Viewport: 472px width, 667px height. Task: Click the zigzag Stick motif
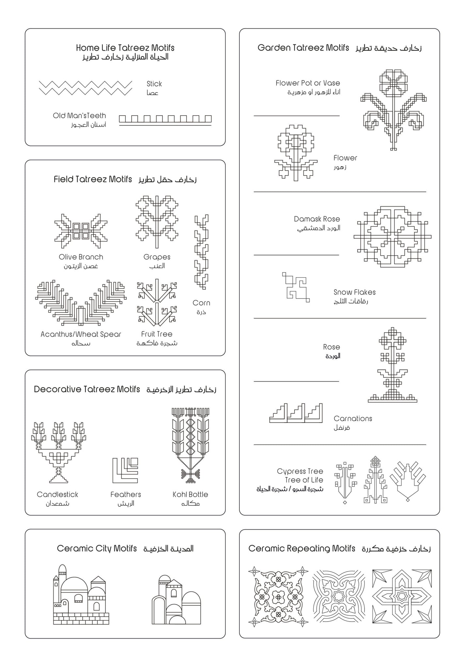(86, 88)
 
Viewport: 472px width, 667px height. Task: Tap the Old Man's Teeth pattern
(165, 120)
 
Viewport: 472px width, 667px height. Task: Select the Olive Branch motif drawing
(81, 231)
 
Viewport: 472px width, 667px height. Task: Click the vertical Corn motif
(202, 252)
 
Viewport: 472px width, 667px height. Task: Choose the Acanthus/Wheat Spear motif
(81, 303)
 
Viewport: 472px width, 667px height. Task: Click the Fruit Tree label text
(157, 334)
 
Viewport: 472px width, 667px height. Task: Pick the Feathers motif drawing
(125, 470)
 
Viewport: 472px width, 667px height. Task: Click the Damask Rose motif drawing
(392, 237)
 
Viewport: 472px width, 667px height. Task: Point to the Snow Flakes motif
(296, 287)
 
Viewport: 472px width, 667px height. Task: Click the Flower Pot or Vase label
(308, 83)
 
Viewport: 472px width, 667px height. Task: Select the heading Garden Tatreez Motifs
(303, 48)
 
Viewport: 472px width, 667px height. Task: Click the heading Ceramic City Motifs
(97, 548)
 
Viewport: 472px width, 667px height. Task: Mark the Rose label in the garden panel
(331, 347)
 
